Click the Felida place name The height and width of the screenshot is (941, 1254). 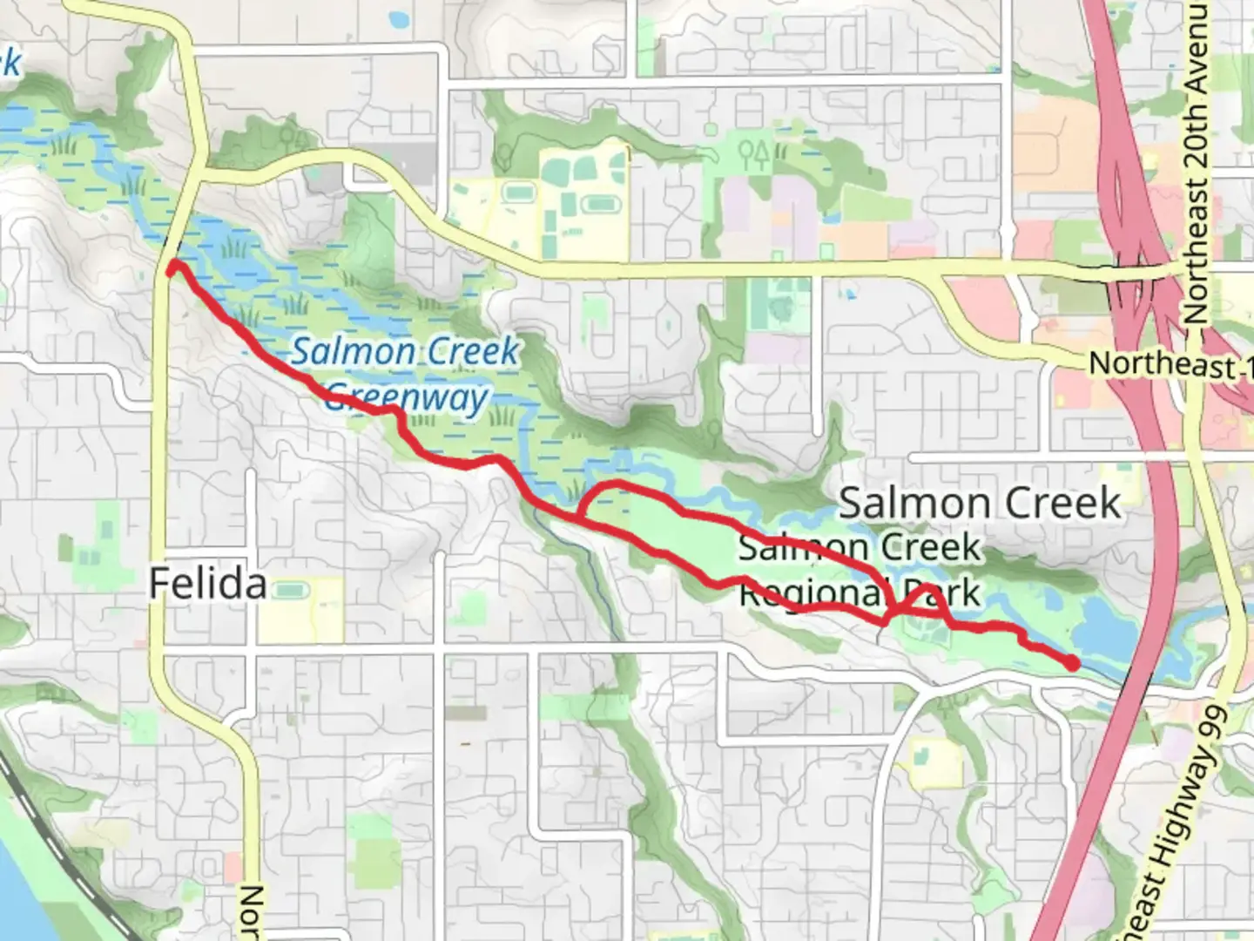point(207,583)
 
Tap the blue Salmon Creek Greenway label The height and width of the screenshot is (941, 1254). point(405,375)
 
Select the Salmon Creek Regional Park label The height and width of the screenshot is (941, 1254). point(860,571)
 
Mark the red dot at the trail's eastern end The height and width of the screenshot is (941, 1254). point(1072,664)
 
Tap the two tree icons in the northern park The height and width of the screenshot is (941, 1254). point(754,154)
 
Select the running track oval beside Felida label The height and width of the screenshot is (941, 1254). point(289,592)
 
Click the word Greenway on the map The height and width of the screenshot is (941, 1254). point(407,398)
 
